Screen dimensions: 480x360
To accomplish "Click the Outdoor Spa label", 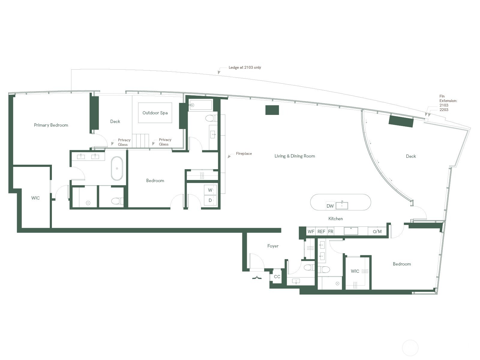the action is tap(155, 113).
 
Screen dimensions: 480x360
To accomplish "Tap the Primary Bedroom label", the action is tap(51, 125).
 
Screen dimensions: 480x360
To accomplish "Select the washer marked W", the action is tap(210, 190).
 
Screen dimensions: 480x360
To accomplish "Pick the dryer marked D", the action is tap(210, 200).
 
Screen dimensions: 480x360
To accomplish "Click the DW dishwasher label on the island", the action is tap(330, 206).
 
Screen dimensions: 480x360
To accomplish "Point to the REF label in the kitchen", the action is tap(321, 232).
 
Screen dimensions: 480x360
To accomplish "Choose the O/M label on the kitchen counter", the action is tap(377, 232).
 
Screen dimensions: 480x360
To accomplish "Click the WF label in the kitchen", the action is tap(311, 232).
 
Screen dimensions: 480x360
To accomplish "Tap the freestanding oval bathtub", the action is tap(117, 168).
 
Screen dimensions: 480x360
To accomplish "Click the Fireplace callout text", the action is tap(244, 153).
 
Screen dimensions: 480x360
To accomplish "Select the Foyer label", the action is tap(273, 246).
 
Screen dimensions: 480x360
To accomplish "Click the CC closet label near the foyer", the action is tap(277, 277).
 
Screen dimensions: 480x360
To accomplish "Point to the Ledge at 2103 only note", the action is tap(245, 67).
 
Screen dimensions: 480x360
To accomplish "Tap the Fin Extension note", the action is tap(448, 103).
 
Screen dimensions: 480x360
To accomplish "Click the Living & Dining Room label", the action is tap(295, 156).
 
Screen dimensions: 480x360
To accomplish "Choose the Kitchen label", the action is tap(335, 219).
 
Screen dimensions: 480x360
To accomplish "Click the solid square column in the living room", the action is tap(272, 110).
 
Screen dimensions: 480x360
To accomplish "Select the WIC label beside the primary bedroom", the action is tap(35, 198).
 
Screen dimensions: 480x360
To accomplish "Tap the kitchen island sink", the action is tap(342, 205).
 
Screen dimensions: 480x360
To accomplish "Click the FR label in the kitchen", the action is tap(331, 232).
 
